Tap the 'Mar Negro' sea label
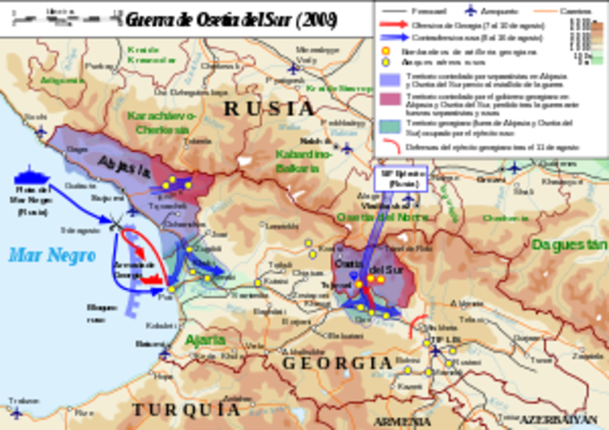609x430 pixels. (x=40, y=255)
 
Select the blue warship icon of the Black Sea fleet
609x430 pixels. (x=33, y=177)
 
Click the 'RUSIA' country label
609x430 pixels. (x=268, y=109)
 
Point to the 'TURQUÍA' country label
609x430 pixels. (x=187, y=409)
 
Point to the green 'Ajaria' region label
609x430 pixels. (x=206, y=340)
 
